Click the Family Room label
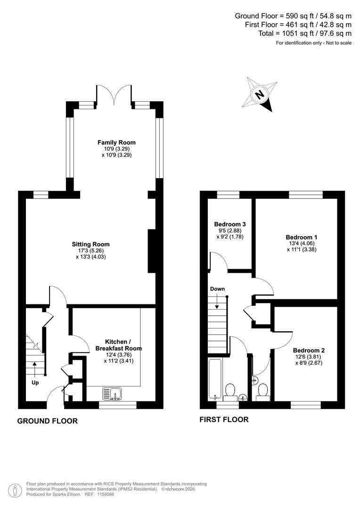[116, 142]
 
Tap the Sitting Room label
[90, 244]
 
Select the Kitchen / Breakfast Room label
[118, 345]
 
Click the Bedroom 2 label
[309, 351]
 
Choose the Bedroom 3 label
[230, 224]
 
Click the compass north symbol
[259, 94]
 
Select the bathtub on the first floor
[214, 379]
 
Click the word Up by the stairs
[35, 383]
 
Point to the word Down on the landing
[218, 289]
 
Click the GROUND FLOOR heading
[48, 421]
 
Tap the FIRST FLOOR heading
[224, 419]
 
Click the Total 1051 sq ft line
[305, 33]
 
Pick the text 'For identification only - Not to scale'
[313, 43]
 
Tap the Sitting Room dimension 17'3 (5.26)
[90, 251]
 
